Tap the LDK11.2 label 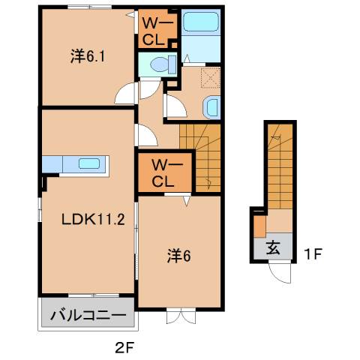point(88,220)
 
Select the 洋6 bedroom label point(178,256)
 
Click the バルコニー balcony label point(88,315)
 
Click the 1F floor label point(313,254)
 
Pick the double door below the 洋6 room point(178,315)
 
